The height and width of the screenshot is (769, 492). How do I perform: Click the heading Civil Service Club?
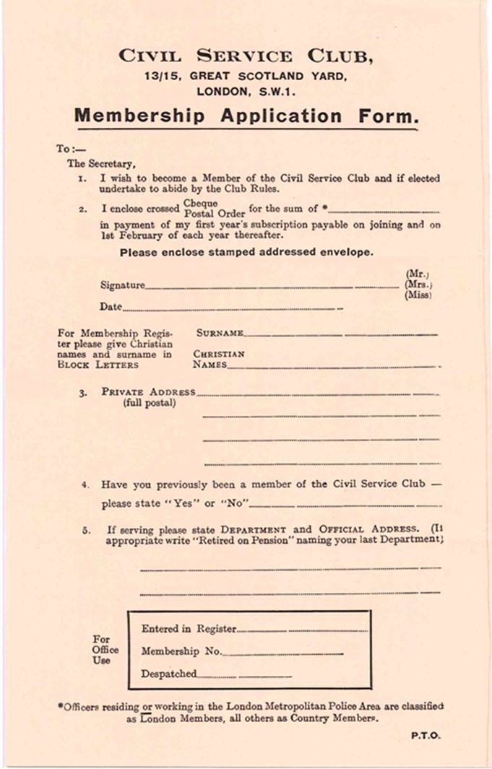[x=246, y=56]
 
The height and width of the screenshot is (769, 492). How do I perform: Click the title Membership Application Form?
[x=246, y=116]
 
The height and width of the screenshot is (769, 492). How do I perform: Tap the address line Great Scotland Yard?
[x=246, y=77]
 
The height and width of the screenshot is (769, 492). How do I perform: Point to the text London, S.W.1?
[x=246, y=92]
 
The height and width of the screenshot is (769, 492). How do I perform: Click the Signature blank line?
[x=271, y=287]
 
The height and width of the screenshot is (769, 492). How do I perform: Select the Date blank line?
[x=231, y=310]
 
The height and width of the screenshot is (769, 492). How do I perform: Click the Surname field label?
[x=220, y=334]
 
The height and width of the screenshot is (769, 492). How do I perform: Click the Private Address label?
[x=148, y=392]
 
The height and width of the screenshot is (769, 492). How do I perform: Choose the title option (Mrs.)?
[x=418, y=284]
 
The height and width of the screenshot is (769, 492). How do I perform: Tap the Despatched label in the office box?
[x=168, y=674]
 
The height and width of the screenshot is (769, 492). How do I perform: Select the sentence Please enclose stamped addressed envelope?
[x=246, y=253]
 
